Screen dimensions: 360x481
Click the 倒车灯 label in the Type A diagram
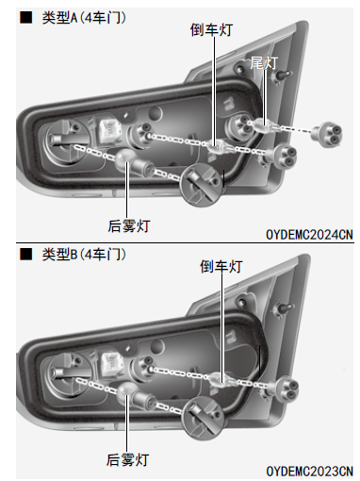211,30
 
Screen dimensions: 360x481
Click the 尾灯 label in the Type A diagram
264,63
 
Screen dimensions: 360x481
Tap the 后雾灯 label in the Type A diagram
128,226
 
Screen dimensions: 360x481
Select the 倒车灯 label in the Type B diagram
221,267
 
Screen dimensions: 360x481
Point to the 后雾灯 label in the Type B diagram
127,460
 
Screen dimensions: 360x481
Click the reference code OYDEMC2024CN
309,235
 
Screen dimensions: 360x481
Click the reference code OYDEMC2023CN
309,472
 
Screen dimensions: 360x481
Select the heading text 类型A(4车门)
84,18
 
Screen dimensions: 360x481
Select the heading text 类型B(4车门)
84,255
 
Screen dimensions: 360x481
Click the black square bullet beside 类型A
26,18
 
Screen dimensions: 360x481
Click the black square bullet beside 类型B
26,254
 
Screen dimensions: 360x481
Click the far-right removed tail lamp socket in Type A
327,134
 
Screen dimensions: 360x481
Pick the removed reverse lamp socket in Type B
284,389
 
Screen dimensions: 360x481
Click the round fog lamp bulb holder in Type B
203,418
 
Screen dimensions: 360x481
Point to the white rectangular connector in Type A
110,131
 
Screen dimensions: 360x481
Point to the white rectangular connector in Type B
112,364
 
